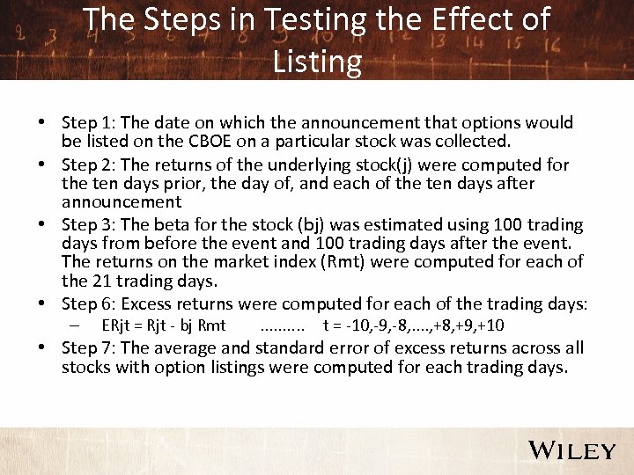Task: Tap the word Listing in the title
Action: coord(317,62)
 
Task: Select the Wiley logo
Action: coord(571,450)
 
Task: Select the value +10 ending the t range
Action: coord(490,325)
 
